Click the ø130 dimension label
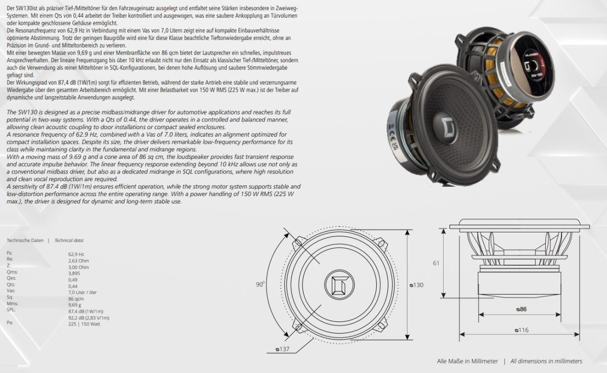(416, 285)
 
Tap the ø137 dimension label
(282, 349)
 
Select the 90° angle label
(260, 284)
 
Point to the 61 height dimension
(436, 263)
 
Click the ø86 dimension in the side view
(522, 309)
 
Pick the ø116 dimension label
(522, 330)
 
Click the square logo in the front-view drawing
(339, 285)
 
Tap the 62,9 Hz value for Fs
(76, 254)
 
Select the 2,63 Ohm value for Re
(78, 261)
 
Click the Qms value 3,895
(74, 273)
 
